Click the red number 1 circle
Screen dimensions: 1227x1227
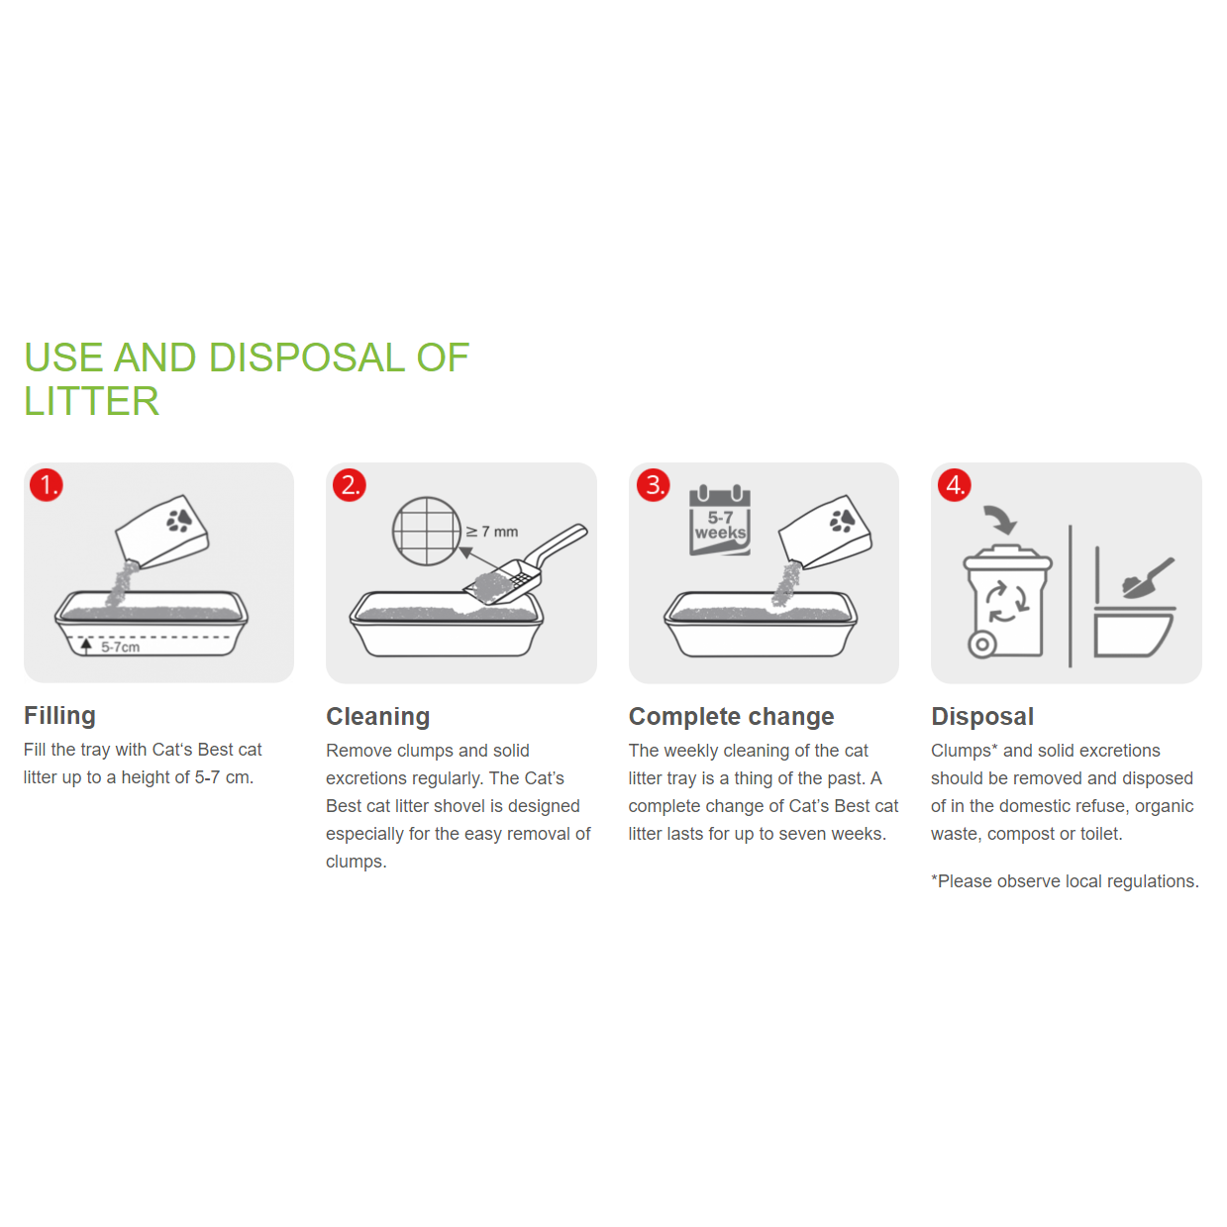tap(47, 485)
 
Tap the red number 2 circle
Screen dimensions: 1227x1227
tap(350, 485)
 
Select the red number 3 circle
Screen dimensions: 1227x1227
tap(654, 485)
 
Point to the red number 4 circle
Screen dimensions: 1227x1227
tap(955, 485)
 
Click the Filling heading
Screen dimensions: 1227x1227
tap(59, 716)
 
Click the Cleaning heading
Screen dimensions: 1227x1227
tap(378, 717)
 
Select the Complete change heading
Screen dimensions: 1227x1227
tap(731, 717)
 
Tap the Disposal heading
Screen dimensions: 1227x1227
tap(982, 717)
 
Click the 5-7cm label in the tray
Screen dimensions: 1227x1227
tap(121, 647)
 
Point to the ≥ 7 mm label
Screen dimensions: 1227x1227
tap(492, 532)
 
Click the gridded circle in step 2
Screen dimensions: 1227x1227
tap(427, 531)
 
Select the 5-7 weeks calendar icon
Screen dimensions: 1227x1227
tap(720, 520)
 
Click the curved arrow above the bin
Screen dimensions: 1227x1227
tap(1001, 520)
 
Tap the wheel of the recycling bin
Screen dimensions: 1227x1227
tap(981, 645)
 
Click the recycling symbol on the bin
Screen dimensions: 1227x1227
tap(1007, 602)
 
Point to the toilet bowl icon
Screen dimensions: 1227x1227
tap(1134, 631)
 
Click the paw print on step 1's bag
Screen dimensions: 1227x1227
tap(179, 520)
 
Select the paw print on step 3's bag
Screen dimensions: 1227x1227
tap(843, 520)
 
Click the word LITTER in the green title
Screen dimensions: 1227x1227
tap(92, 401)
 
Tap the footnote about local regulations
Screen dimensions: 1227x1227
tap(1066, 881)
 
